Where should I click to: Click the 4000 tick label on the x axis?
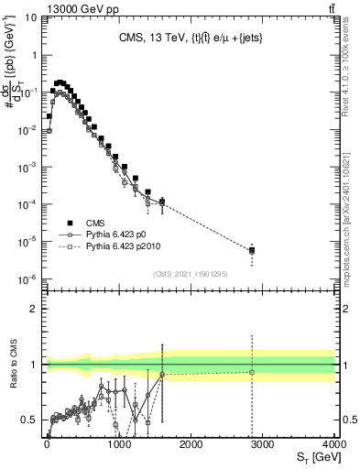(x=334, y=444)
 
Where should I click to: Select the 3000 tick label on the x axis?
(x=262, y=444)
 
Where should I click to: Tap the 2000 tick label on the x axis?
(x=191, y=444)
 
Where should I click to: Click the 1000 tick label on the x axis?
(x=118, y=444)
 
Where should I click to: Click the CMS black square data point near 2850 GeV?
(x=252, y=249)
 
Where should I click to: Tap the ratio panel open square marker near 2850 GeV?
(x=252, y=372)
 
